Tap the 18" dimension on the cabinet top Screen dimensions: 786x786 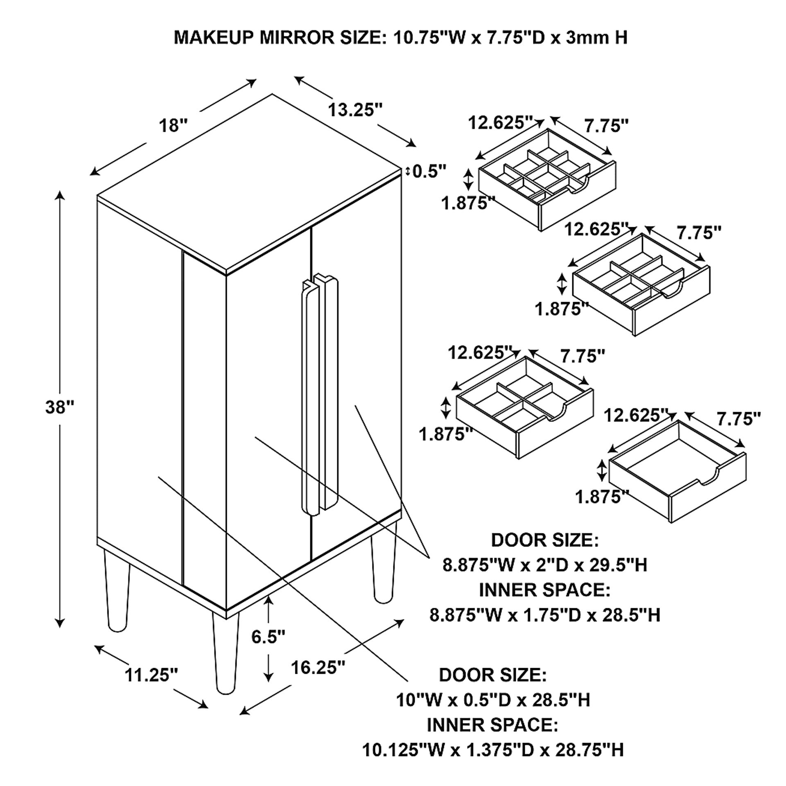tap(173, 125)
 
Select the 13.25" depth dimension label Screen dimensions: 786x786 tap(355, 110)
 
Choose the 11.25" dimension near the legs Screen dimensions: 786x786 tap(151, 675)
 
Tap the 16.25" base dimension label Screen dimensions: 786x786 tap(318, 667)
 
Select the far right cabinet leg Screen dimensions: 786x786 tap(384, 571)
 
